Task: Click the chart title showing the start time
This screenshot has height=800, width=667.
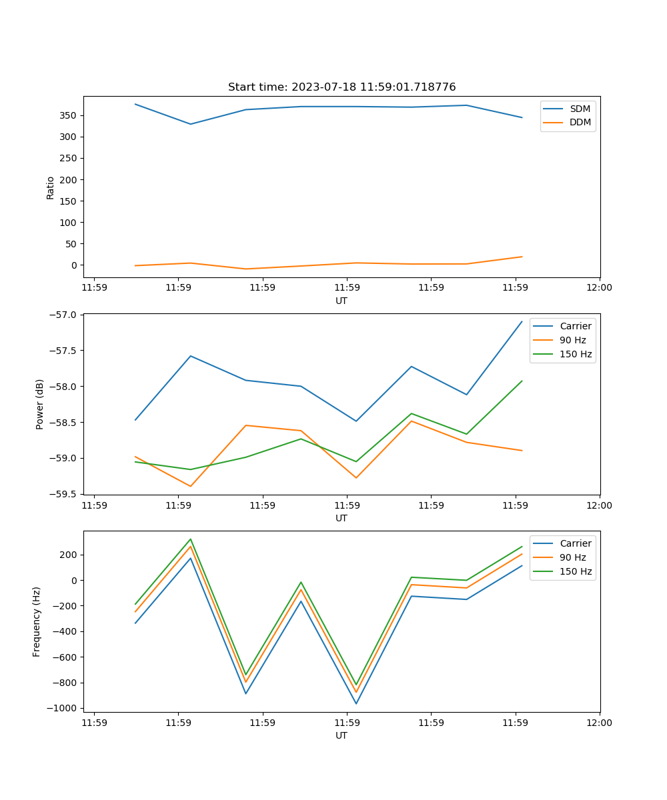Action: click(342, 87)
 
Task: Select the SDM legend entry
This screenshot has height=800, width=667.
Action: click(580, 109)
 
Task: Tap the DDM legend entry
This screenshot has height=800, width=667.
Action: click(580, 122)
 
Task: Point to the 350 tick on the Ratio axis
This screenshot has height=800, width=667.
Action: click(69, 115)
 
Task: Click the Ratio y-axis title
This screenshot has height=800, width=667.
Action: click(51, 187)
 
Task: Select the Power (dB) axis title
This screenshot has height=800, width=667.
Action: click(40, 404)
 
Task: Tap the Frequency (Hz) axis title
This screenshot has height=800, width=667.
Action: click(37, 621)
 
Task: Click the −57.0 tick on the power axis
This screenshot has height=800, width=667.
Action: click(65, 315)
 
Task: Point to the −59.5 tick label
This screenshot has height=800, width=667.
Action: click(65, 495)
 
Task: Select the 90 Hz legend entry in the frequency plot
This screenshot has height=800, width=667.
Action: click(572, 557)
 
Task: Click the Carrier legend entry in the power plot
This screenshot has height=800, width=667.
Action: click(575, 326)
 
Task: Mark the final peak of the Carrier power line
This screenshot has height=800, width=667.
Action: click(522, 321)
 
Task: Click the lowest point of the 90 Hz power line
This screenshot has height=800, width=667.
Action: click(190, 486)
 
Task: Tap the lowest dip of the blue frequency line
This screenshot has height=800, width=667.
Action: click(356, 703)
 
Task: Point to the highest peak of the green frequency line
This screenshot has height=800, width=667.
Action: click(190, 539)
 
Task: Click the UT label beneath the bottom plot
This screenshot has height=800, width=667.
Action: click(342, 735)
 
